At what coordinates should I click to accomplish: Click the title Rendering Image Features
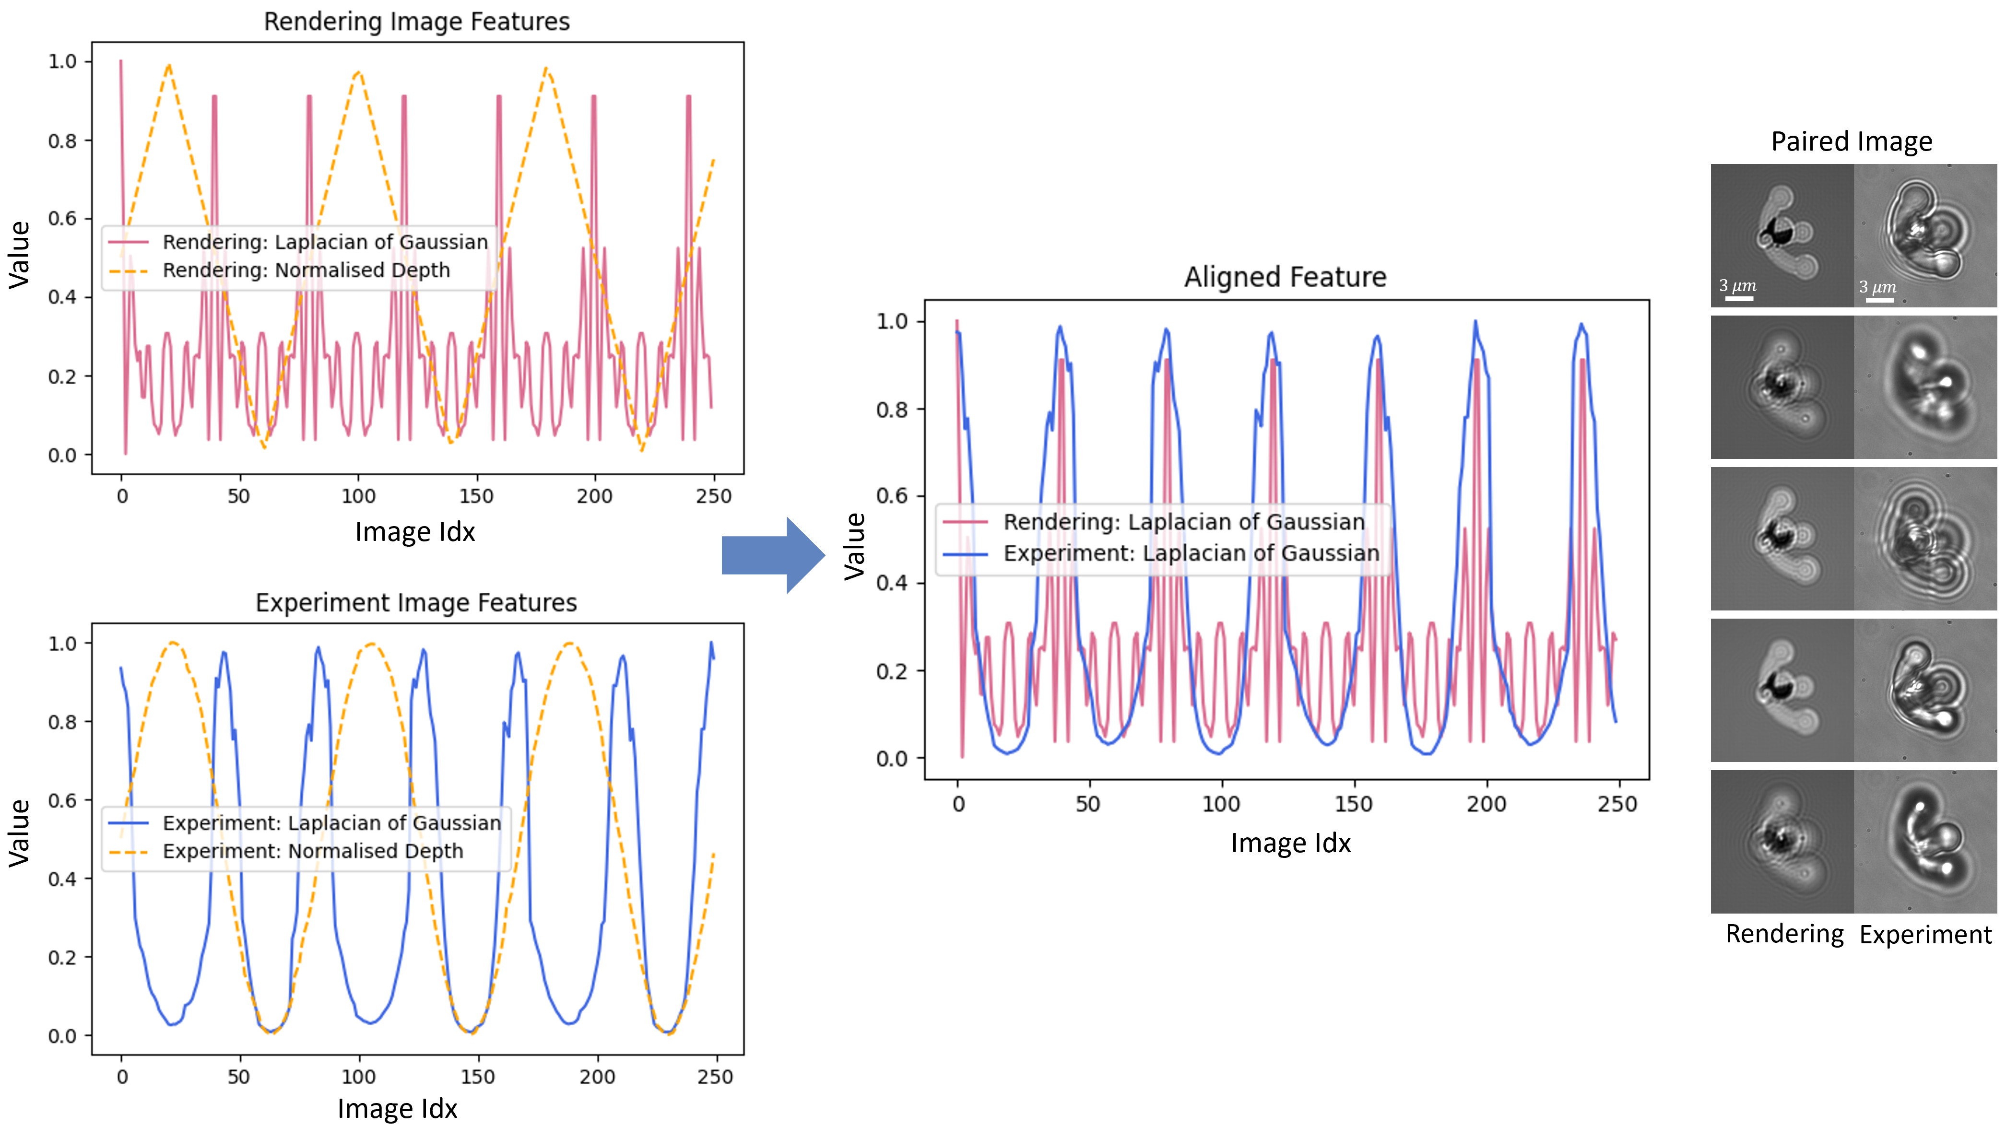417,22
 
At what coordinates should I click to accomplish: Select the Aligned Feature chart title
1285,277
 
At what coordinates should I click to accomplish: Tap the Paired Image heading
1851,142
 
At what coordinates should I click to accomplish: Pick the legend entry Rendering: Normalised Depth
306,270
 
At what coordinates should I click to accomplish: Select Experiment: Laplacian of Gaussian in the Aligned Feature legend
1191,554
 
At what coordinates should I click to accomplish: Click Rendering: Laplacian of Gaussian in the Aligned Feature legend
1184,522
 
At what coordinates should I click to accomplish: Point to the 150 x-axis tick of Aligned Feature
1354,804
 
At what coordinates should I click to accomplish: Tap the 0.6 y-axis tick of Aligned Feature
892,496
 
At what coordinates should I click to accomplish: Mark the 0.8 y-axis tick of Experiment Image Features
62,722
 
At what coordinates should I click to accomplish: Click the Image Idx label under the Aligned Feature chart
1290,844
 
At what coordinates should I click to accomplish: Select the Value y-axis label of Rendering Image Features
20,256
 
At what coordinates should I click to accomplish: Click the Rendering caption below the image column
1784,934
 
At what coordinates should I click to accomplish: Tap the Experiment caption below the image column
1925,935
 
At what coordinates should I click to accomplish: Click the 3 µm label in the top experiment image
1877,287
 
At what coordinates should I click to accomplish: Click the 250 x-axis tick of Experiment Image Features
715,1077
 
